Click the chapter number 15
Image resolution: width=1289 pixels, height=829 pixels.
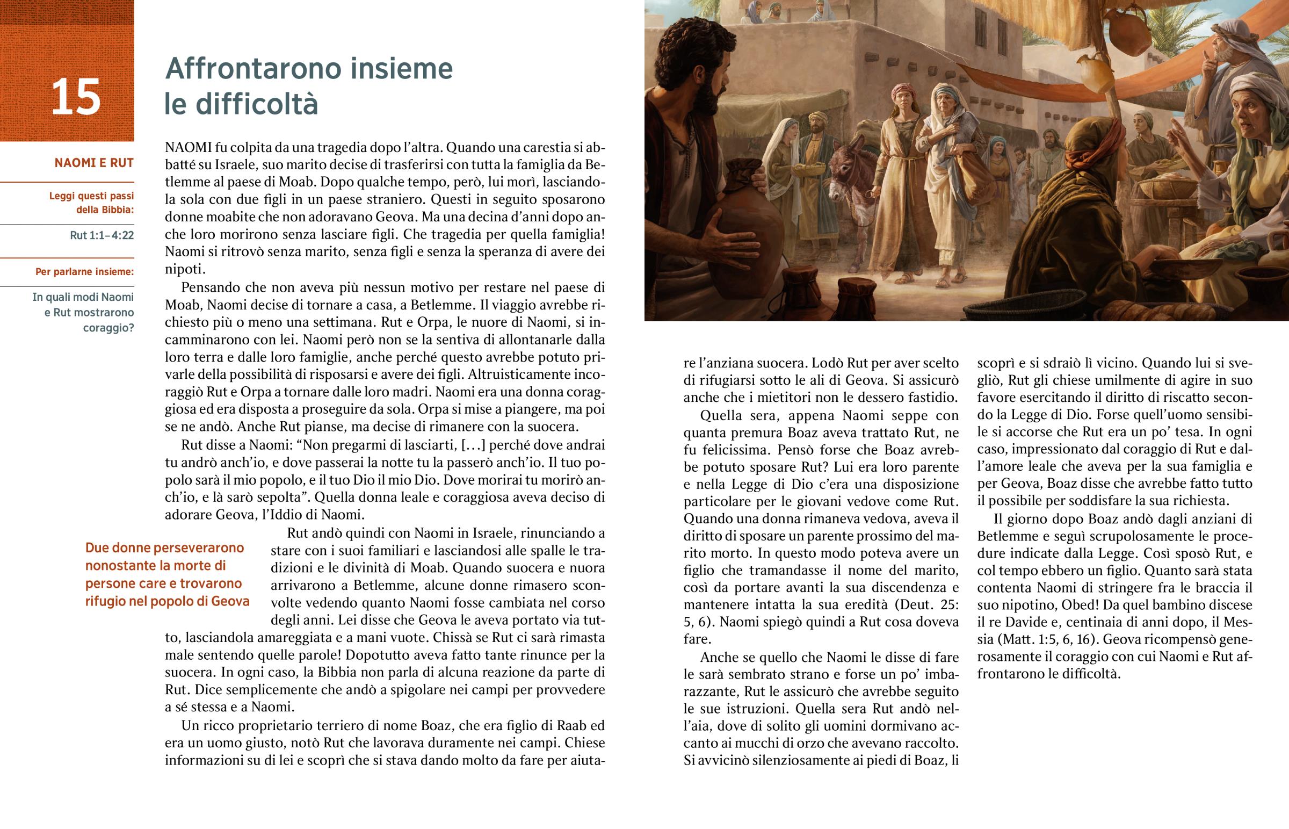tap(75, 97)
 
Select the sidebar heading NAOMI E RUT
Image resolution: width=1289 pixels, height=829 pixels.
tap(94, 163)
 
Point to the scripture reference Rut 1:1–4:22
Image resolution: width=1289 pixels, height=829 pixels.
tap(102, 235)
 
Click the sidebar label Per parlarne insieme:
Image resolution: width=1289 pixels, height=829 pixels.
tap(84, 272)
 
